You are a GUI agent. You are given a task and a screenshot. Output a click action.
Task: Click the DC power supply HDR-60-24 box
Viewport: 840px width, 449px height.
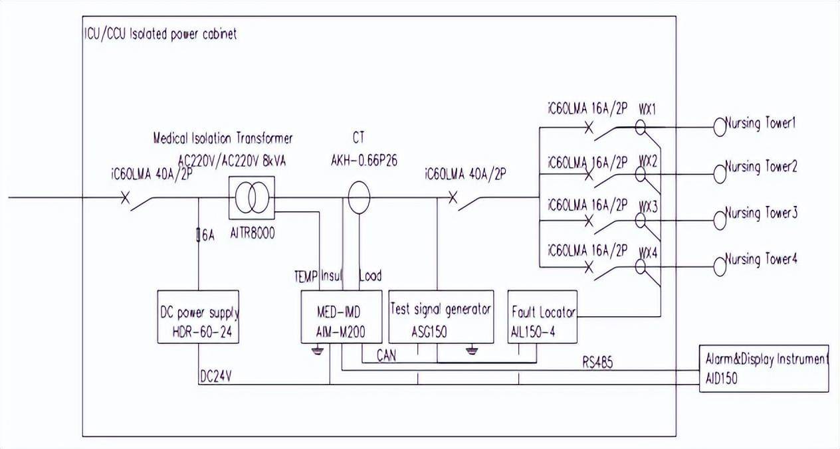(199, 317)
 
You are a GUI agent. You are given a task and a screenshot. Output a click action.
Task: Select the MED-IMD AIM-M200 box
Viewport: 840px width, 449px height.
(342, 317)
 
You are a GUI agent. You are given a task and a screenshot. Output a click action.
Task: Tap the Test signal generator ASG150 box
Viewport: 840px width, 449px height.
(441, 317)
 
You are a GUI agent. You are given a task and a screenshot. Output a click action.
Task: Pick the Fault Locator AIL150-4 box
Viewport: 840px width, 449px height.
(542, 317)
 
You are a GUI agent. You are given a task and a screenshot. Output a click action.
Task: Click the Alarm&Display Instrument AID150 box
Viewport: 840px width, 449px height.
(764, 368)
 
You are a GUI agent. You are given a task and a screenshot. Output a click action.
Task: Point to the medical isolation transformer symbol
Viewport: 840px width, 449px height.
(251, 198)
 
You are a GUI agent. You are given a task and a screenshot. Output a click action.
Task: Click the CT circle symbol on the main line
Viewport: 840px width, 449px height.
(359, 198)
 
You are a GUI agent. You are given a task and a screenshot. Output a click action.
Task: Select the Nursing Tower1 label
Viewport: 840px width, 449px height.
(760, 124)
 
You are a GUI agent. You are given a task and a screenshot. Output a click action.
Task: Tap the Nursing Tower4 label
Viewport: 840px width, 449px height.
(760, 259)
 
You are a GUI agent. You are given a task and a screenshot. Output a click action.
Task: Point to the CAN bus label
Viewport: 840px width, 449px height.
(385, 356)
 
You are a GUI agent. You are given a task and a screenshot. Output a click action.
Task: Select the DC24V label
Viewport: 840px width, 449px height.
(215, 376)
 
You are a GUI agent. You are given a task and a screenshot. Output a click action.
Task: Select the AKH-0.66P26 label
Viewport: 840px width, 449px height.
(359, 160)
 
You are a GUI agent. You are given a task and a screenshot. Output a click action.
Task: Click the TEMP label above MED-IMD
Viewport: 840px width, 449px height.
(306, 276)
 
